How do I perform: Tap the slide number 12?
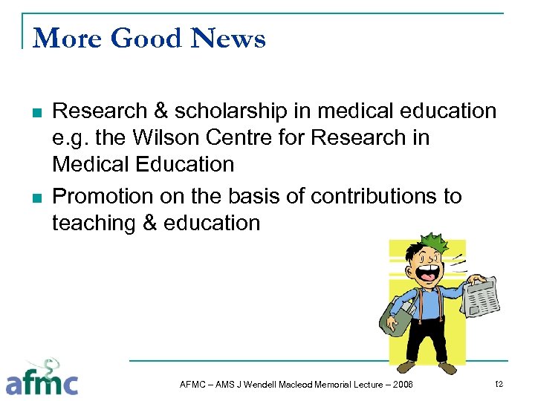[x=499, y=383]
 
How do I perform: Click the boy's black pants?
[x=427, y=341]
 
